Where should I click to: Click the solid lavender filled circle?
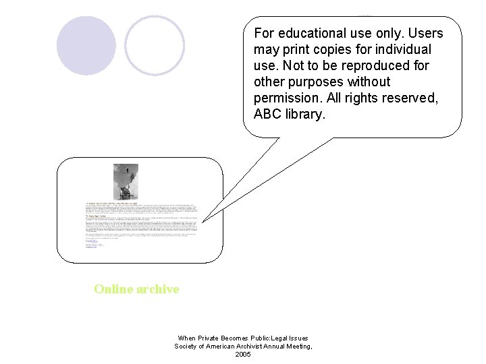(86, 45)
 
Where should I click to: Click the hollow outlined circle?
(155, 45)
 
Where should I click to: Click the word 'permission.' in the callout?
(288, 98)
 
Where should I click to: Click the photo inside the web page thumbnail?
(125, 181)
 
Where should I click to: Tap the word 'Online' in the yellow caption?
(113, 289)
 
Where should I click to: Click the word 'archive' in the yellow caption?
(157, 289)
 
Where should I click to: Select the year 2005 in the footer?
(243, 355)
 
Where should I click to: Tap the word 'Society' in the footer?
(186, 346)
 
